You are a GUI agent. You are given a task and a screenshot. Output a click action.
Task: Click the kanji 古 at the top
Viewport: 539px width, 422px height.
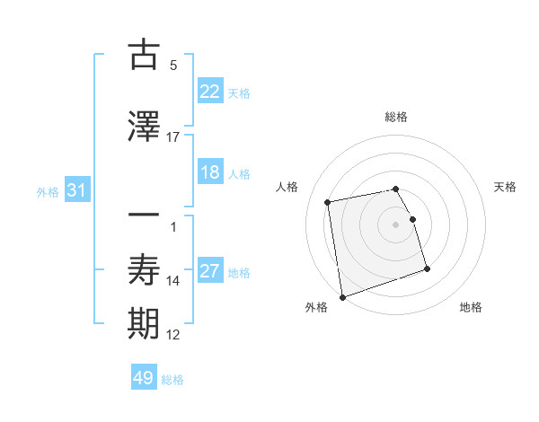pos(145,56)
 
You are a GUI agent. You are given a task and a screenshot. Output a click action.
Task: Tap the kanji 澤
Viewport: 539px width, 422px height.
pos(145,127)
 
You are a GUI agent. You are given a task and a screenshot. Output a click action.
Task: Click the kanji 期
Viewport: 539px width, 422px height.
pos(145,324)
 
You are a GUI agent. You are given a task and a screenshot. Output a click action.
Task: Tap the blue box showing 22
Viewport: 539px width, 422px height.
pos(209,92)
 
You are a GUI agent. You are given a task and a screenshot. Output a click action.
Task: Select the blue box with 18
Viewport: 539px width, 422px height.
pos(209,173)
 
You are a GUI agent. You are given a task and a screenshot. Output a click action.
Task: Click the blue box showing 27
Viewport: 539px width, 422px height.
pos(209,272)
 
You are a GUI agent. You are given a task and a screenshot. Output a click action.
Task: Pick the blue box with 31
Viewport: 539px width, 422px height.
pos(76,190)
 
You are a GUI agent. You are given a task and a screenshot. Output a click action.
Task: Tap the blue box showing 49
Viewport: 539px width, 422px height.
pos(144,378)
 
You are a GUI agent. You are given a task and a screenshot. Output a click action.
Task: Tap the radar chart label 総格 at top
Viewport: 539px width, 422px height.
pos(395,118)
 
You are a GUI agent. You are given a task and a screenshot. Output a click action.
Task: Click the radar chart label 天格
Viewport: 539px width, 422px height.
pos(505,187)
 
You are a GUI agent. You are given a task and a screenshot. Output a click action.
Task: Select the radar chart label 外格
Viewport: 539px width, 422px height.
pos(316,307)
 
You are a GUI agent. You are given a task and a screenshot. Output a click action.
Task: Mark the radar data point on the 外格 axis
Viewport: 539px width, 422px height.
pos(341,296)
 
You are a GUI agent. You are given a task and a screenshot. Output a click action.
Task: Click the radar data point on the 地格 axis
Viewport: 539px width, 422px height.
pos(427,268)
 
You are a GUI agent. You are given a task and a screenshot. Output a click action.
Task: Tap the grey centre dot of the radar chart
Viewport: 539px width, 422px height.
pos(395,224)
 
